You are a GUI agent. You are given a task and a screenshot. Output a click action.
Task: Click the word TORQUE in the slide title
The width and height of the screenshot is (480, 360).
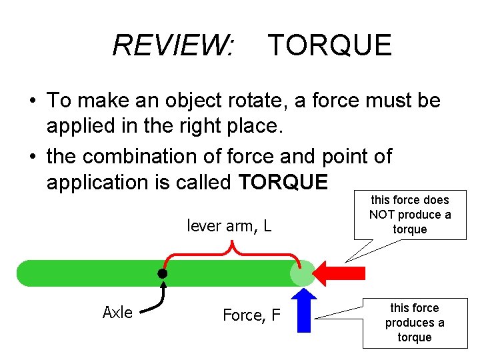(329, 45)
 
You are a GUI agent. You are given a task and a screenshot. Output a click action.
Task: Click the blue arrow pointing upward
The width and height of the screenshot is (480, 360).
(303, 310)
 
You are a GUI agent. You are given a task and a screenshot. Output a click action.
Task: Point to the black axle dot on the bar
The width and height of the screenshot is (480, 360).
(162, 273)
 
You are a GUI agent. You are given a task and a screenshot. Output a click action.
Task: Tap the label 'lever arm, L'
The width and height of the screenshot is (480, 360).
(229, 225)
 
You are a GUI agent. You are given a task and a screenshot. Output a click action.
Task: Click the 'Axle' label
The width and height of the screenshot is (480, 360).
(117, 313)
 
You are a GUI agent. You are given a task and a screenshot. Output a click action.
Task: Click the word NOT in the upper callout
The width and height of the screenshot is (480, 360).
(382, 215)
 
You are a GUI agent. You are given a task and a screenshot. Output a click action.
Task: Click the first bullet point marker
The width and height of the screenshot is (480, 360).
(32, 101)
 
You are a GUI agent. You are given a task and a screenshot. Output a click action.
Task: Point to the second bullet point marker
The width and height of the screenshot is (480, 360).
(32, 157)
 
